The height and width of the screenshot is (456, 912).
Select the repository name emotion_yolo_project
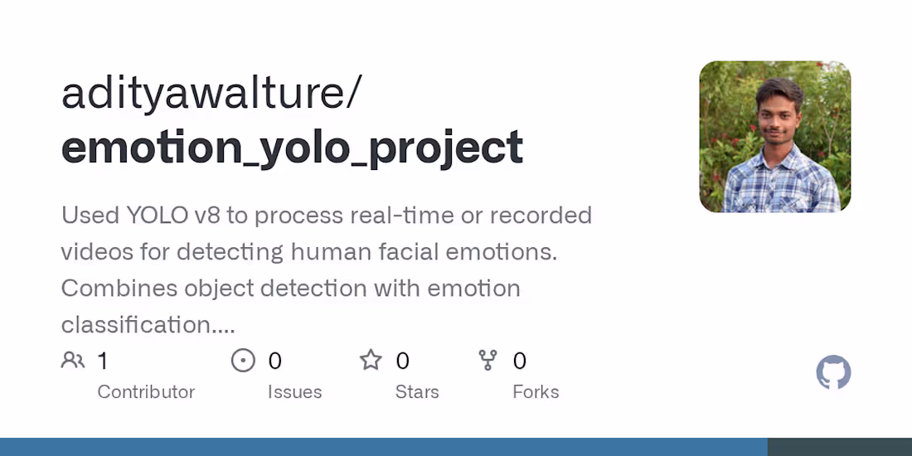point(292,148)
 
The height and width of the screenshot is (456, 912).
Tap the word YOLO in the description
point(156,216)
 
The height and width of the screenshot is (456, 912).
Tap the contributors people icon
point(73,360)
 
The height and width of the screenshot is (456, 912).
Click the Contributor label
point(146,391)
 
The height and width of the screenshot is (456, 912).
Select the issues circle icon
point(243,360)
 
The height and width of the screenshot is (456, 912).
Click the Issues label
point(294,391)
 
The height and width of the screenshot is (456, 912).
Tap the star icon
point(371,360)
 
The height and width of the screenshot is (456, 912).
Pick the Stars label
point(417,391)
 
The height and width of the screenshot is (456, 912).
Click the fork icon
point(488,360)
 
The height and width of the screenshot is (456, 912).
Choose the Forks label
point(536,391)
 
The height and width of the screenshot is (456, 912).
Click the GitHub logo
point(833,372)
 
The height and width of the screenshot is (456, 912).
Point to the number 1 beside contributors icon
point(103,361)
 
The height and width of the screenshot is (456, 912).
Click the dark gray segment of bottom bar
point(839,447)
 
